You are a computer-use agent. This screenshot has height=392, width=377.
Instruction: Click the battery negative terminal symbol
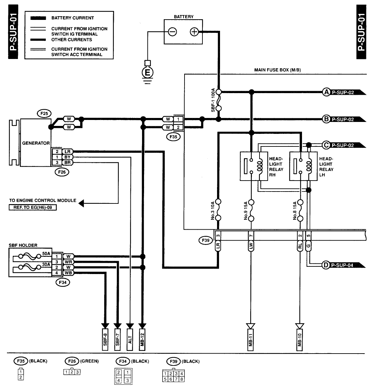[x=172, y=32]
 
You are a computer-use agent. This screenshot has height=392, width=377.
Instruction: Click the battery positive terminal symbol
[x=194, y=32]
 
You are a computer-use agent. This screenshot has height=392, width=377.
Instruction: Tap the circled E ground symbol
[x=147, y=73]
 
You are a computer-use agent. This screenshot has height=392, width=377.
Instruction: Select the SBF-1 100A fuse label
[x=213, y=100]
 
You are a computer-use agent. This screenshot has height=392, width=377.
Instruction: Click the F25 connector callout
[x=44, y=114]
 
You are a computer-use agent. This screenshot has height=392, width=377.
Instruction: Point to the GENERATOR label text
[x=36, y=143]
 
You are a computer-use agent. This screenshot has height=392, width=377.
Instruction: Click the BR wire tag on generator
[x=67, y=162]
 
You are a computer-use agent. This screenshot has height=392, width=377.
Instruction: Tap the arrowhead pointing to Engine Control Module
[x=81, y=203]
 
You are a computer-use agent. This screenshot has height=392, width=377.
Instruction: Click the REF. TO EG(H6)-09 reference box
[x=33, y=207]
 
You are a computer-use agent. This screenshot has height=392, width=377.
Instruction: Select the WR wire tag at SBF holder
[x=68, y=262]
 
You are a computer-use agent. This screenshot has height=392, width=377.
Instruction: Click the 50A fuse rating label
[x=46, y=253]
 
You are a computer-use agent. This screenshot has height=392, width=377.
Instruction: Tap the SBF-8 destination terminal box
[x=105, y=340]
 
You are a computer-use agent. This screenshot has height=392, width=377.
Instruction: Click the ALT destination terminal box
[x=130, y=340]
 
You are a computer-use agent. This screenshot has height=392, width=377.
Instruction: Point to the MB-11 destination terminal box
[x=250, y=340]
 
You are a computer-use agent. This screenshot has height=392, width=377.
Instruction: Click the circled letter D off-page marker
[x=326, y=265]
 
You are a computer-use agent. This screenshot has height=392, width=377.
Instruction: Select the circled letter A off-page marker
[x=327, y=92]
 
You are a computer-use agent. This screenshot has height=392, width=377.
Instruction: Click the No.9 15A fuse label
[x=246, y=210]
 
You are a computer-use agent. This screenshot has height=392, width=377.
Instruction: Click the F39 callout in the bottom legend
[x=174, y=361]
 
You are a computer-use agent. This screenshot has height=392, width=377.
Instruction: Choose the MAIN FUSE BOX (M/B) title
[x=277, y=70]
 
